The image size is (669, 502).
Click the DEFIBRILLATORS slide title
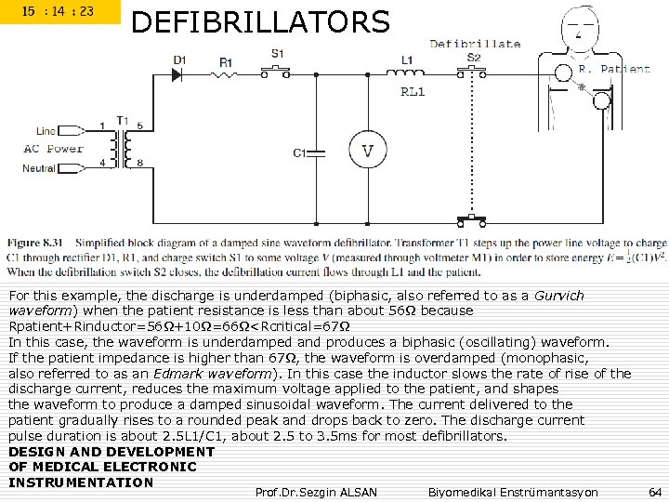(260, 20)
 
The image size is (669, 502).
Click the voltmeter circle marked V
(368, 150)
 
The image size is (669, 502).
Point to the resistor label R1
(226, 62)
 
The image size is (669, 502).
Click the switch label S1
(278, 54)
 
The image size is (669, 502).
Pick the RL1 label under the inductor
(413, 92)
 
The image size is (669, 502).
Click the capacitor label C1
(299, 152)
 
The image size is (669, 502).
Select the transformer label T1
(122, 119)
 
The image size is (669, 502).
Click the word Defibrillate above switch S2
(475, 44)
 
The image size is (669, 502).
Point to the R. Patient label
(614, 69)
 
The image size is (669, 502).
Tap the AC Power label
(53, 149)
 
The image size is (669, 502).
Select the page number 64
(654, 491)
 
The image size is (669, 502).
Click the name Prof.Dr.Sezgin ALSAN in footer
(316, 491)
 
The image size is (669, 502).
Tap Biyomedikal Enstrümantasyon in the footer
(513, 491)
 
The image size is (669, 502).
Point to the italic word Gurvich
(559, 296)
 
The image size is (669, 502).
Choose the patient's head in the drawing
(582, 23)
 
